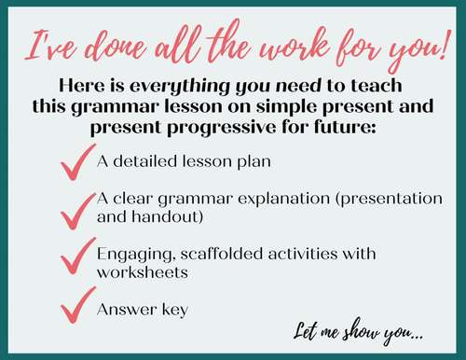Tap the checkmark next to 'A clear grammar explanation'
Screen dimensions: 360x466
(75, 211)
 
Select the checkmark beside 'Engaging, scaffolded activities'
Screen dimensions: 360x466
(75, 258)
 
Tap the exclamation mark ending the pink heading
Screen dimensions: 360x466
(442, 46)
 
